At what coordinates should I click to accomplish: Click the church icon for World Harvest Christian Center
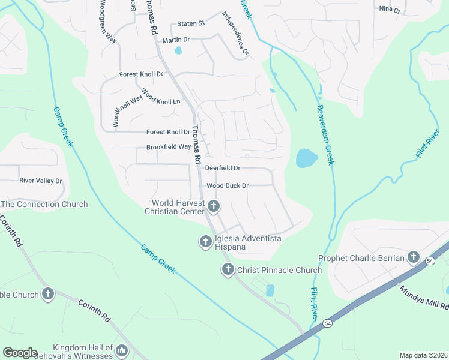pos(214,208)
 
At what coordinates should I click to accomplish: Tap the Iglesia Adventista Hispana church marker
pos(205,241)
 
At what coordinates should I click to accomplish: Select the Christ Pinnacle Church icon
pos(228,270)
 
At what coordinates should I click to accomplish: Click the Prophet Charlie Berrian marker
pos(413,258)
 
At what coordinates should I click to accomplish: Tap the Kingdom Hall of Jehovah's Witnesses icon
pos(122,350)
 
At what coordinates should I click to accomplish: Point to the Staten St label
pos(191,23)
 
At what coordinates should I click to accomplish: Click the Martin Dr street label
pos(176,40)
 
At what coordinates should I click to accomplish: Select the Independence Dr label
pos(235,34)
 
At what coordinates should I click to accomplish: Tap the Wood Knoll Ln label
pos(161,101)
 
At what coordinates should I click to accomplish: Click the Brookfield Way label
pos(169,147)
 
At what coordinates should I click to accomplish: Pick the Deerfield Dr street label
pos(223,169)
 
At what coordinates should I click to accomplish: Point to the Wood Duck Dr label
pos(228,186)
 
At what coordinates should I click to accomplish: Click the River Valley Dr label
pos(41,181)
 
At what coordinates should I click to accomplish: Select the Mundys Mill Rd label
pos(423,296)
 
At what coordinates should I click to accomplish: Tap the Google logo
pos(20,353)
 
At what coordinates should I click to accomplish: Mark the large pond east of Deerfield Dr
pos(306,158)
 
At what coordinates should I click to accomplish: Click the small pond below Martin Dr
pos(178,50)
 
